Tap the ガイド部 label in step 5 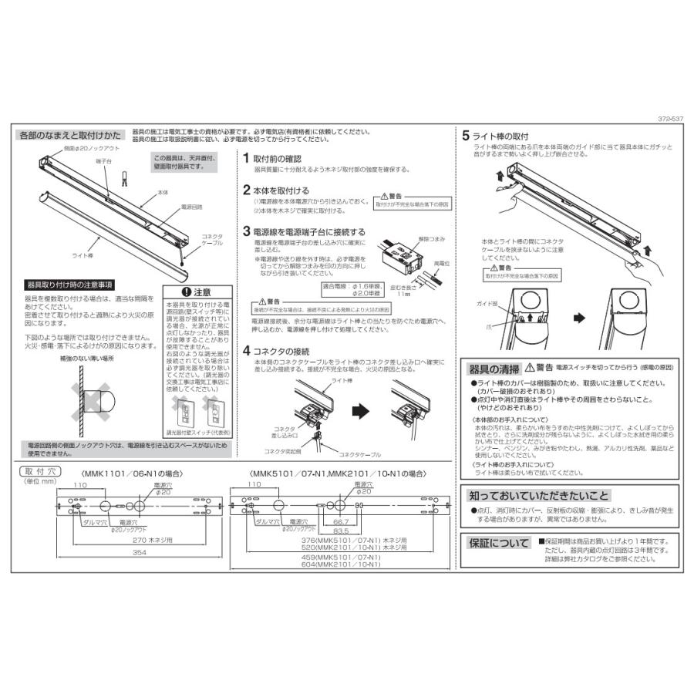[x=485, y=304]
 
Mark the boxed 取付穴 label [x=38, y=470]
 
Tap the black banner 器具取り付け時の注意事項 [x=70, y=284]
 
